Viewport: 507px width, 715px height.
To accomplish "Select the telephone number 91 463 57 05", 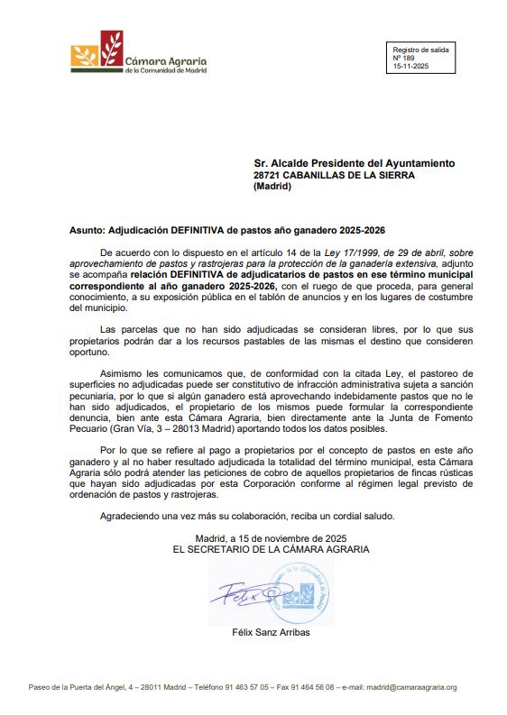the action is click(x=237, y=687).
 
